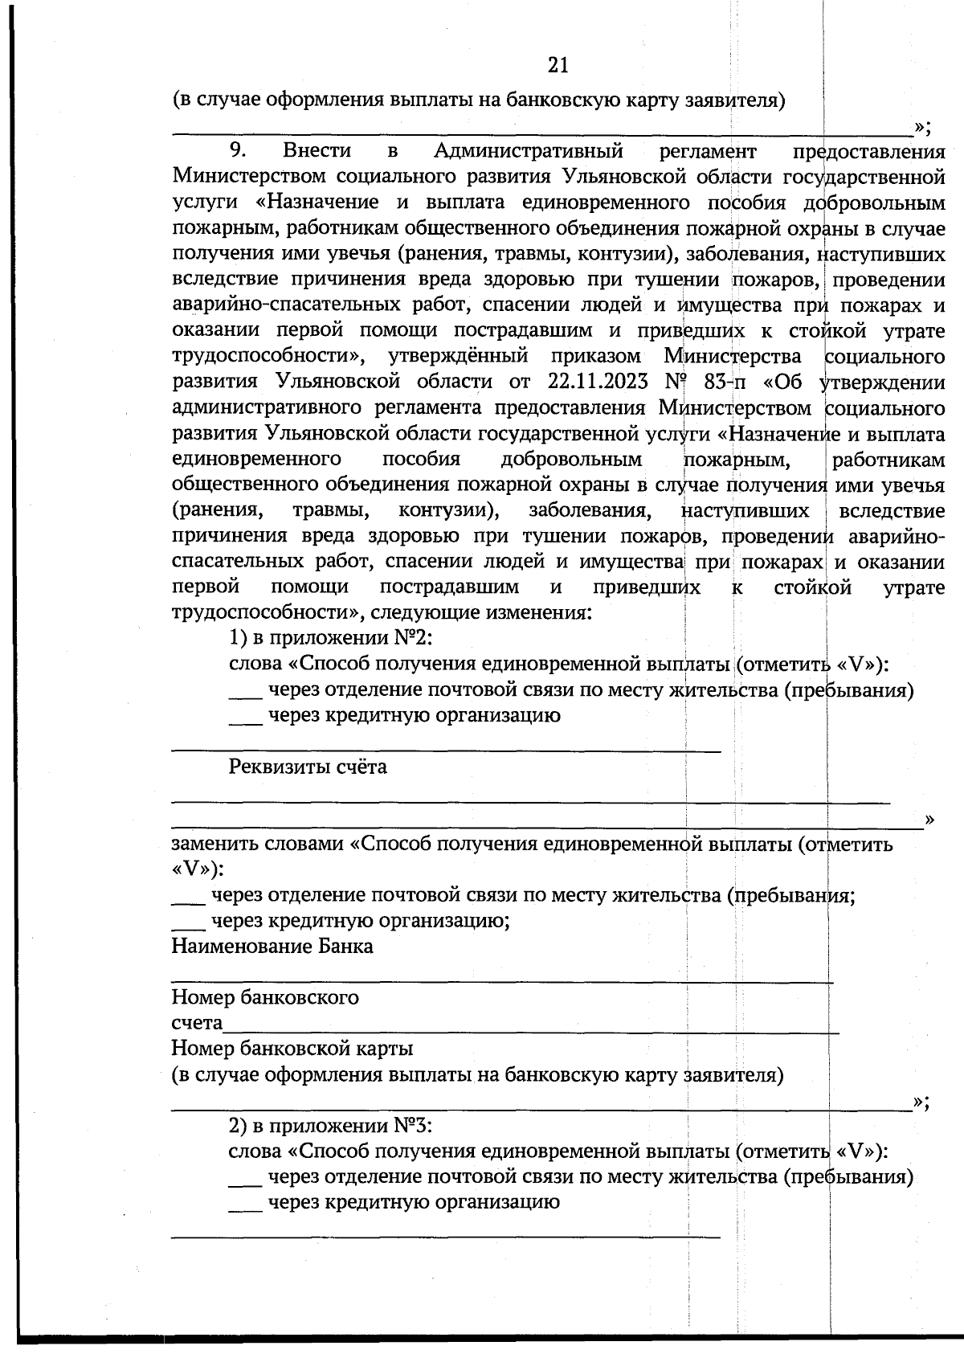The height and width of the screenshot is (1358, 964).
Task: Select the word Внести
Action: (x=317, y=150)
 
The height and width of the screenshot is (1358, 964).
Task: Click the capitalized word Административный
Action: (x=529, y=150)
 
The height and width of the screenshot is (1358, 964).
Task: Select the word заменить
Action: (x=216, y=845)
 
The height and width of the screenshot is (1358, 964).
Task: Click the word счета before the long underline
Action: (x=197, y=1024)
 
